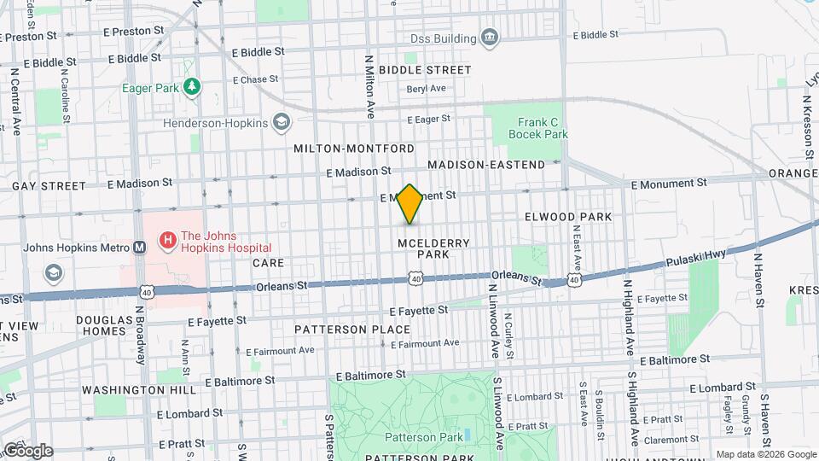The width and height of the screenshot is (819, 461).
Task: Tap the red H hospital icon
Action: [x=168, y=240]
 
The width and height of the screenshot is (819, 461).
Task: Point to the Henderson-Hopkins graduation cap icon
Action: [x=281, y=123]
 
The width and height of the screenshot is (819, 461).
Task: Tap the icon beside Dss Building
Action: [x=490, y=38]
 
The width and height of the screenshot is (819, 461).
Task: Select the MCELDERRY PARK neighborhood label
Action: [x=433, y=248]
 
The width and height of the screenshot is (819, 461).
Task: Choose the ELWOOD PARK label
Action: [x=568, y=217]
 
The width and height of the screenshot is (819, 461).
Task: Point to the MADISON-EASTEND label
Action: [x=485, y=164]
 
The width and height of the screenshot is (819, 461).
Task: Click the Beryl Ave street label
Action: [x=427, y=89]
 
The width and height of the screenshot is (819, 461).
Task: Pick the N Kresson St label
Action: [x=807, y=124]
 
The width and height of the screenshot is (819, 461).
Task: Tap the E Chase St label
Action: [x=238, y=79]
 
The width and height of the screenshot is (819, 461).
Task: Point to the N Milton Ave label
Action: [x=370, y=86]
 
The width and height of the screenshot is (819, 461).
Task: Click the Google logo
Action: [x=27, y=450]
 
